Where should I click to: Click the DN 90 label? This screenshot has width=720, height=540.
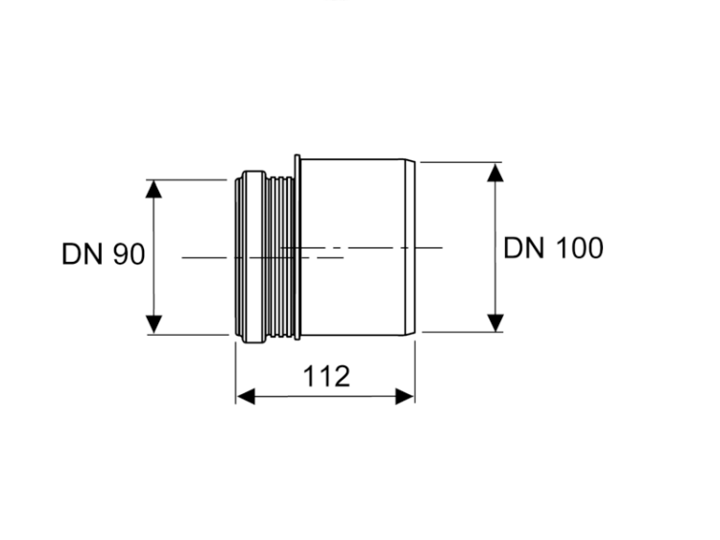(x=104, y=254)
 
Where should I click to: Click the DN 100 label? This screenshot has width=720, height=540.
(x=553, y=248)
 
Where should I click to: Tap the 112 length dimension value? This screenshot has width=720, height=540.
(x=326, y=376)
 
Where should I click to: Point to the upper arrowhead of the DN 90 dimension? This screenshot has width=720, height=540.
(x=154, y=189)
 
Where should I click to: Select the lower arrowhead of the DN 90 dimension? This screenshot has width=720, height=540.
(x=154, y=324)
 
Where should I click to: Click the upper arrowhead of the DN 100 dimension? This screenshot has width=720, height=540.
(x=495, y=172)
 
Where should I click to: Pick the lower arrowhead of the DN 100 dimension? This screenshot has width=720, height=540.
(x=495, y=322)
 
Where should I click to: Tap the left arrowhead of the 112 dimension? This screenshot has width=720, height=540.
(x=246, y=396)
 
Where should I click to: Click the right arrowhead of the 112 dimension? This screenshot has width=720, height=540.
(x=405, y=396)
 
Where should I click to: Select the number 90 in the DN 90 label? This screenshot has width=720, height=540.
(x=129, y=254)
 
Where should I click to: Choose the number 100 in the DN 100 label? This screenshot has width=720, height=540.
(x=580, y=248)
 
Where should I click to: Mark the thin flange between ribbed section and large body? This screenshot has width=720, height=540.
(x=297, y=247)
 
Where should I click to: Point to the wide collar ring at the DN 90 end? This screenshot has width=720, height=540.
(x=254, y=257)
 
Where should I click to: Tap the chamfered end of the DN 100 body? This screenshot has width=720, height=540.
(x=411, y=247)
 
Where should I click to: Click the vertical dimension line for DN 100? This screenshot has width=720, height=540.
(x=495, y=247)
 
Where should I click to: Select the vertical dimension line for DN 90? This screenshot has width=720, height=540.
(x=154, y=257)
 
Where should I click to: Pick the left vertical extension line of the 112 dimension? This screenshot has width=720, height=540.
(x=236, y=373)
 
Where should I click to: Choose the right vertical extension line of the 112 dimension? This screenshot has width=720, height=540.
(x=415, y=372)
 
